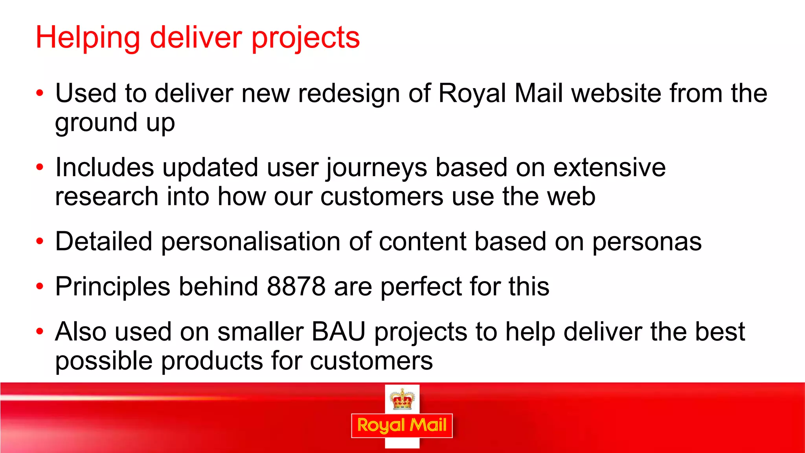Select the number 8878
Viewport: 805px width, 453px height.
point(296,286)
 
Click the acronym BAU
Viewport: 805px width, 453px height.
point(338,331)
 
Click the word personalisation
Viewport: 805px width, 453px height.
point(250,241)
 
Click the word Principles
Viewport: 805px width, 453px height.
point(112,287)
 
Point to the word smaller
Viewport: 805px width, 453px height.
point(260,331)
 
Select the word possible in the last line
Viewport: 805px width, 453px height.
point(103,361)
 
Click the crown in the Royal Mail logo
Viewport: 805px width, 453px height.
point(402,399)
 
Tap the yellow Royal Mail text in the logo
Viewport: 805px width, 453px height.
point(402,425)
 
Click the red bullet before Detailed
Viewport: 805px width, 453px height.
point(39,241)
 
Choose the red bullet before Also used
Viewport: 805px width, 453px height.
point(39,331)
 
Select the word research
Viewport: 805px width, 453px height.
point(107,197)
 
